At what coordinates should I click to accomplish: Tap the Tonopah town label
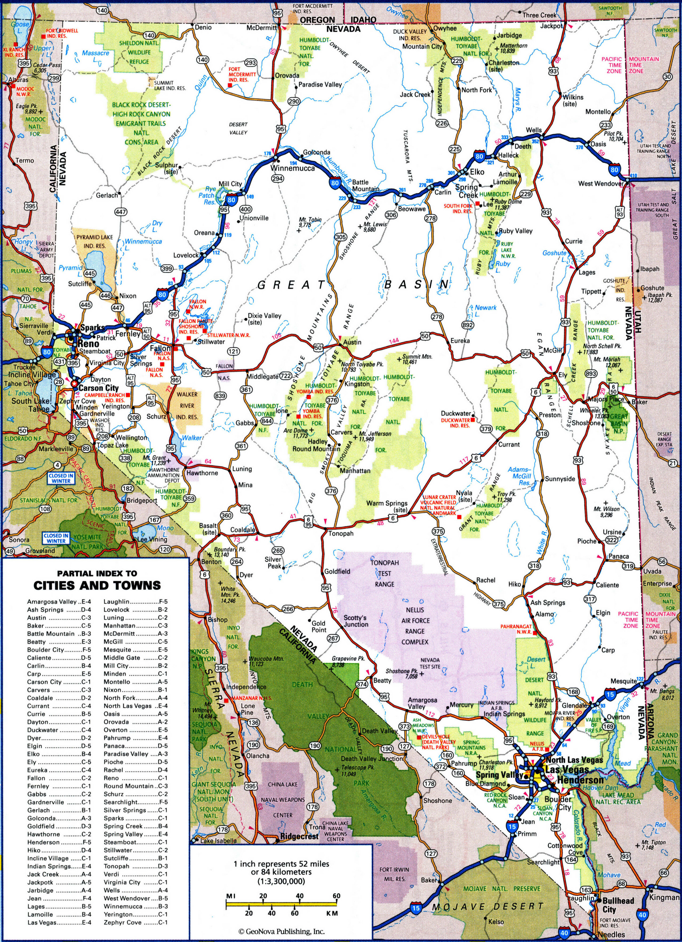point(341,533)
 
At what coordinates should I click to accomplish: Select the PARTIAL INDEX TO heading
point(97,573)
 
